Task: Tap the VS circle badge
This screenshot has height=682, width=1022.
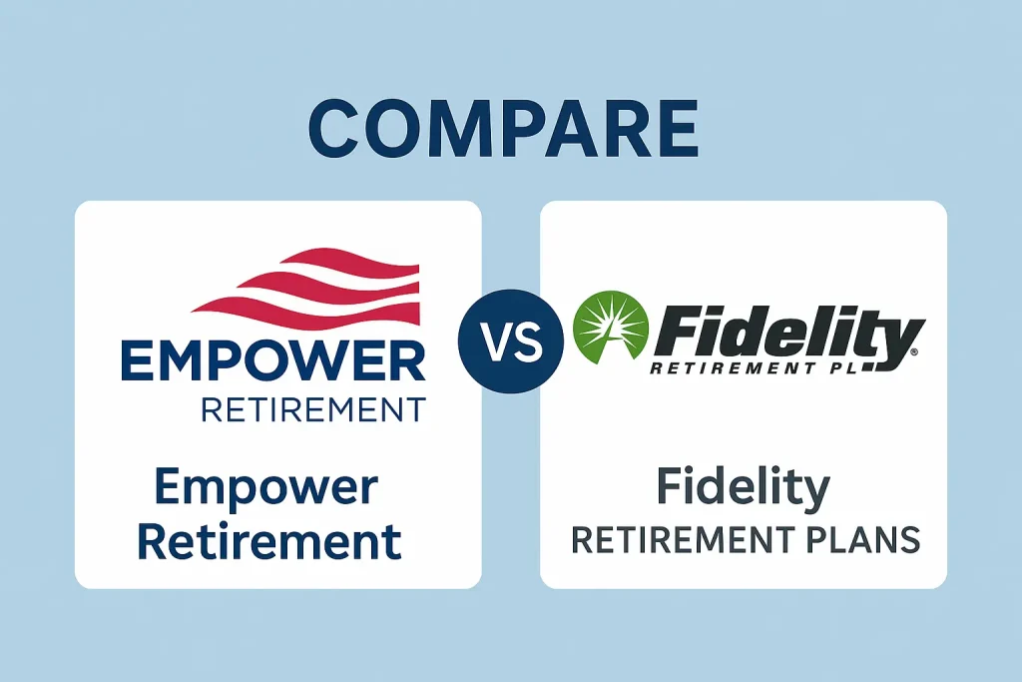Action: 510,341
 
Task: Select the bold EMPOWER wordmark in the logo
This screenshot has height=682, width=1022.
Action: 271,361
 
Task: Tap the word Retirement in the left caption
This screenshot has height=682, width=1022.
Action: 269,542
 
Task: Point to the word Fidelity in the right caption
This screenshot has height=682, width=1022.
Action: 744,488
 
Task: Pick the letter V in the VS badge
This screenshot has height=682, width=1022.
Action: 497,341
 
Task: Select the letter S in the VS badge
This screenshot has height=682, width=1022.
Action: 525,341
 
